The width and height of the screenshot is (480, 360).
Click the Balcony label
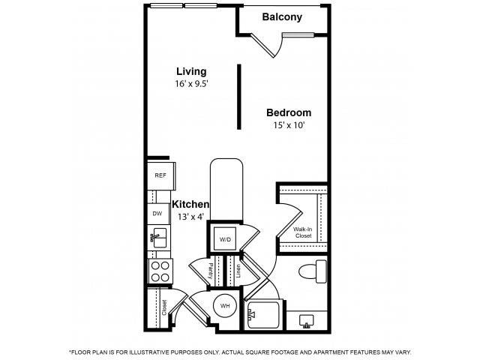pos(283,16)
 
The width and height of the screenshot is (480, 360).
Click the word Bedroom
pos(289,112)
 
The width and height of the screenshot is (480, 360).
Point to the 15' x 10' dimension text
pos(289,125)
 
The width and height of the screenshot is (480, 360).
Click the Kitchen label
pos(190,204)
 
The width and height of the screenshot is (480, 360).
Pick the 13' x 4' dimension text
pos(190,217)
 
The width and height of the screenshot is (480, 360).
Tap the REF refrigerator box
pos(160,175)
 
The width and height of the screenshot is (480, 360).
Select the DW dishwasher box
pos(157,214)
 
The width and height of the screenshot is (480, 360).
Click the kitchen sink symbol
pos(158,240)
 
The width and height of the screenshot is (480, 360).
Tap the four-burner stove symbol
pos(160,270)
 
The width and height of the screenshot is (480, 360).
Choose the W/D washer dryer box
pos(225,239)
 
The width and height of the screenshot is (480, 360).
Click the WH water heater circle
pos(225,305)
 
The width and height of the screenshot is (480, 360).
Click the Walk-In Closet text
pos(303,232)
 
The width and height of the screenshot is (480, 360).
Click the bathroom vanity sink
pos(307,321)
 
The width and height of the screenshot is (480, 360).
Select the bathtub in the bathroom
pos(263,316)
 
